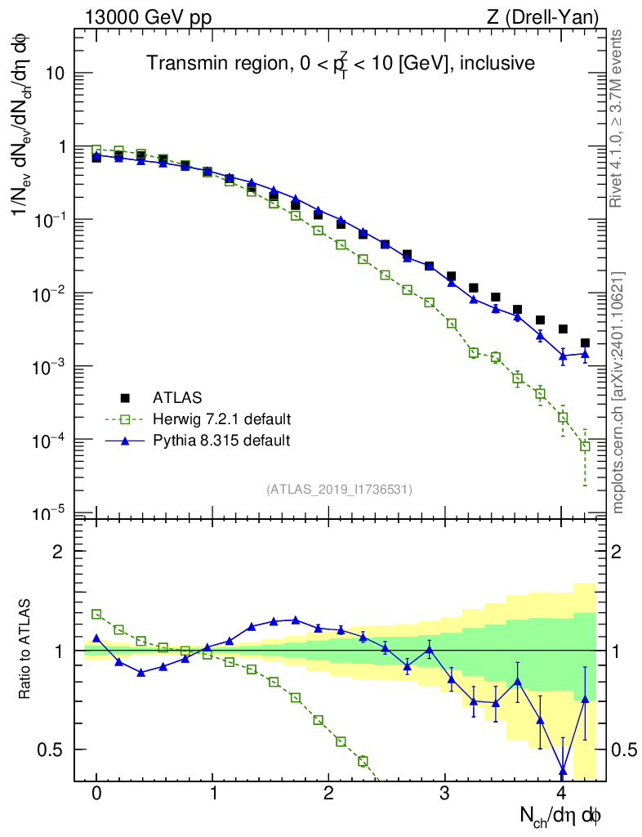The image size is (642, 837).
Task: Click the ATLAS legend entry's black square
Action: pos(125,398)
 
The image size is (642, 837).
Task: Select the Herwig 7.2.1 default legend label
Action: pos(222,419)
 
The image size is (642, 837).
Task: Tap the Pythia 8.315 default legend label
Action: pos(221,441)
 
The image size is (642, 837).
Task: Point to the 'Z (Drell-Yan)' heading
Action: pos(551,16)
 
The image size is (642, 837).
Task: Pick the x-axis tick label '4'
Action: pos(561,794)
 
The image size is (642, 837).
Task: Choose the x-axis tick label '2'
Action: pos(328,794)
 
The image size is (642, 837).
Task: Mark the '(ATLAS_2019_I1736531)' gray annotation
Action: pos(339,489)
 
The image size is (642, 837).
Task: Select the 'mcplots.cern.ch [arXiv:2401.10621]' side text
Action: pos(618,392)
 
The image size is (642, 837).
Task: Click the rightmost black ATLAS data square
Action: pos(585,343)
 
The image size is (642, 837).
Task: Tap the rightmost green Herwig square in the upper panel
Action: pos(585,445)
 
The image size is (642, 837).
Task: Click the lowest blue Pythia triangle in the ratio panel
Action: pos(563,770)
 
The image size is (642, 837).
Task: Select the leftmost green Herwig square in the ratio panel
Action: pos(96,614)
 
